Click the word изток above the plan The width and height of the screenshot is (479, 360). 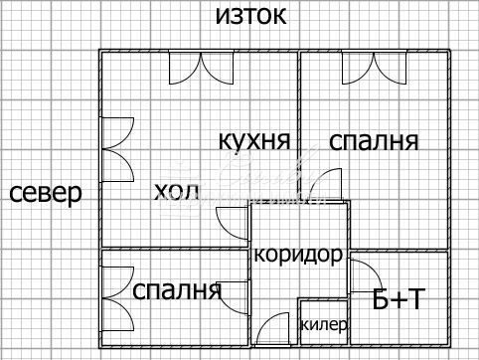[x=250, y=16]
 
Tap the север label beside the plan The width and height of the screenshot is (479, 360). [x=46, y=193]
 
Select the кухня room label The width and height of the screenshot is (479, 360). [x=254, y=140]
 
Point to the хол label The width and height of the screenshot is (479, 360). [x=177, y=191]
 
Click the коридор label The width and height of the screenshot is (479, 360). [x=298, y=254]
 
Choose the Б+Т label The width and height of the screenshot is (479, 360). [x=397, y=297]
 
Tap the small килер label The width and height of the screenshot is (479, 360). [x=323, y=324]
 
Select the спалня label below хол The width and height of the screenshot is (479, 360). [x=177, y=290]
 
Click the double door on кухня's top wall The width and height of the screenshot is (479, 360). [x=201, y=68]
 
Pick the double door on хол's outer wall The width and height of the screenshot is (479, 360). [x=115, y=148]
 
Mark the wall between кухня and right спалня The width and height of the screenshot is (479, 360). [x=300, y=109]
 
